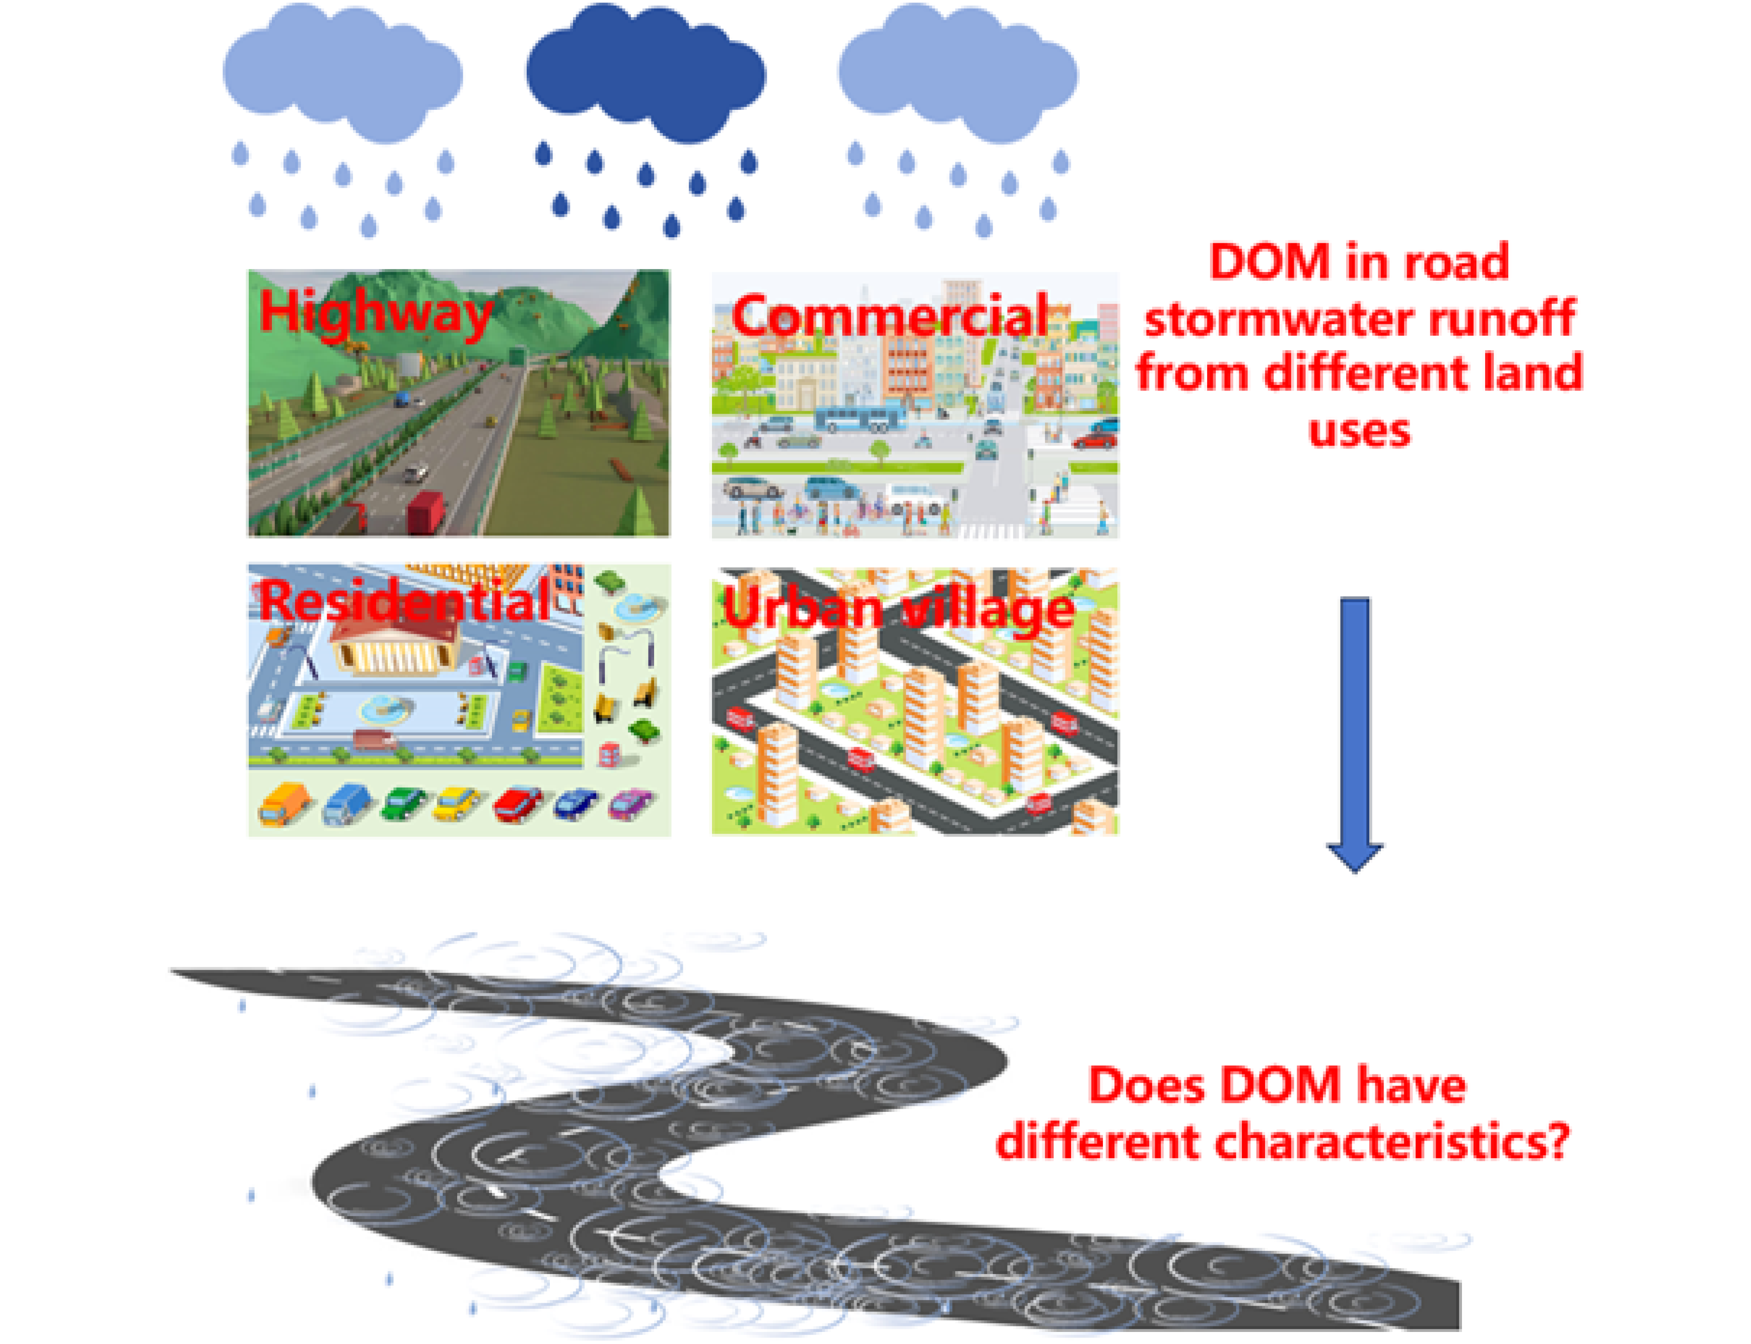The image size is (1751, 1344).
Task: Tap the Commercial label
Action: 889,315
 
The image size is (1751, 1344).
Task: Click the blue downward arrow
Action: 1354,734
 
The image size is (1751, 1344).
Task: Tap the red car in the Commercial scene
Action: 1094,439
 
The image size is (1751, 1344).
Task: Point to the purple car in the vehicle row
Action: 630,804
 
